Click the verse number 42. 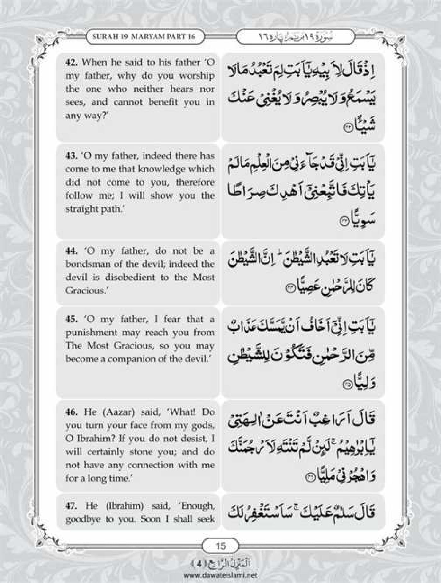71,62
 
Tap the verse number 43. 71,156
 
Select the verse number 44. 71,251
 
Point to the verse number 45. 71,319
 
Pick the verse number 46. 72,412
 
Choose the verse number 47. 72,506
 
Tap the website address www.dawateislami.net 220,574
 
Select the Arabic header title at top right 296,37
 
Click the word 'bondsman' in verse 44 85,264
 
